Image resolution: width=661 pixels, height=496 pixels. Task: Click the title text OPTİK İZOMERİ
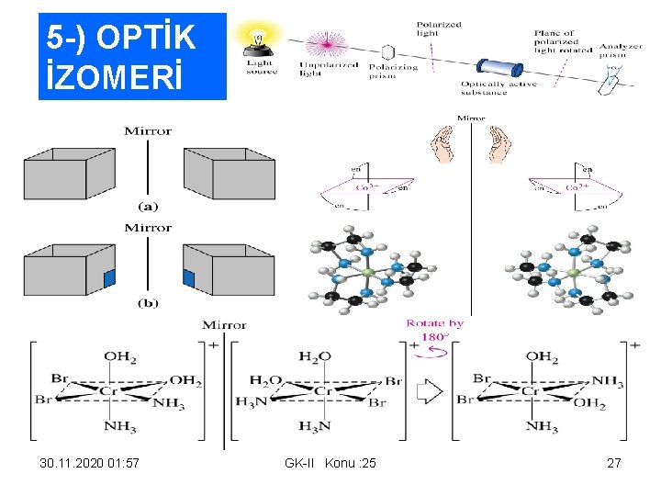(121, 56)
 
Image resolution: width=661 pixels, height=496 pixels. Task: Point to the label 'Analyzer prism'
(621, 51)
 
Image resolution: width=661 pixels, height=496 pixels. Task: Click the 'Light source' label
(262, 68)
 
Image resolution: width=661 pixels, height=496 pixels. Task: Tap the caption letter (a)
(147, 208)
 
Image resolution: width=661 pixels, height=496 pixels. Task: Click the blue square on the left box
(110, 277)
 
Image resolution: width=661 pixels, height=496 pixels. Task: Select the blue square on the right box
(189, 277)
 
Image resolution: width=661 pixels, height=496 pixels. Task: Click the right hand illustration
(499, 145)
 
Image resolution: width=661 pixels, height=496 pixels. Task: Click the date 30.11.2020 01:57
(90, 463)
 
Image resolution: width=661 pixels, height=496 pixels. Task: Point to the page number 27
(614, 463)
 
